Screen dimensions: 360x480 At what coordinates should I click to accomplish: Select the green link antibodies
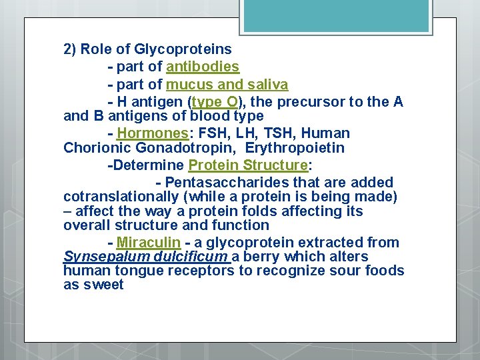pyautogui.click(x=203, y=67)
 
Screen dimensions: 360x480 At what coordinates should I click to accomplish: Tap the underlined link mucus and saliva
pyautogui.click(x=227, y=85)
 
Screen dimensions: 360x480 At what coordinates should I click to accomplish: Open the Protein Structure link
pyautogui.click(x=250, y=165)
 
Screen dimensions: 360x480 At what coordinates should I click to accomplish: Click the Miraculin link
pyautogui.click(x=143, y=243)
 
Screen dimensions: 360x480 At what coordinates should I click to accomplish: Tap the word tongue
pyautogui.click(x=136, y=271)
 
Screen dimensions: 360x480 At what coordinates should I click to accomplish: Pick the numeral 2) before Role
pyautogui.click(x=70, y=49)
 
